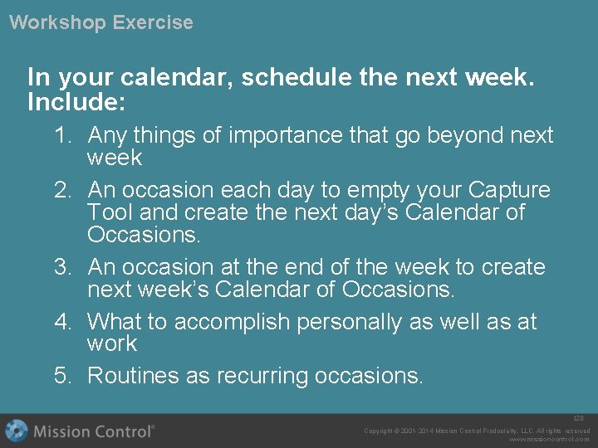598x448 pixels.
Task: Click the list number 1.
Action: point(63,135)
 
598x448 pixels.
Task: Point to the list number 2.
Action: point(63,190)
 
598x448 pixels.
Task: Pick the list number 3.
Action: point(63,267)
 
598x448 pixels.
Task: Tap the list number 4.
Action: point(63,321)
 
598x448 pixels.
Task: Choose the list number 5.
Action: point(63,376)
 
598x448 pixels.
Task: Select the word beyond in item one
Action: point(443,135)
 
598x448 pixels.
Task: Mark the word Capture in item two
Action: point(513,190)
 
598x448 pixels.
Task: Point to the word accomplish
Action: point(239,322)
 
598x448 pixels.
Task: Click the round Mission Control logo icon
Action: point(17,431)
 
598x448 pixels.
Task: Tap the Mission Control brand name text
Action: point(94,431)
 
